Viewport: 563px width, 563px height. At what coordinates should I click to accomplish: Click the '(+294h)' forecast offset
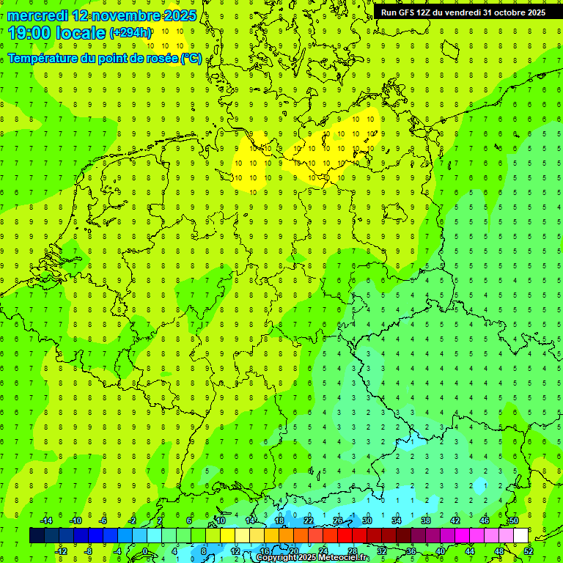pyautogui.click(x=130, y=33)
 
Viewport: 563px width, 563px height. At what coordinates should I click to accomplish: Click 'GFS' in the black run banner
pyautogui.click(x=408, y=12)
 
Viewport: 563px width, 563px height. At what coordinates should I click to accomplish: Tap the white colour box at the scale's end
pyautogui.click(x=520, y=536)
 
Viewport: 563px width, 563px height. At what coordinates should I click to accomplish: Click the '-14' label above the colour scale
pyautogui.click(x=46, y=520)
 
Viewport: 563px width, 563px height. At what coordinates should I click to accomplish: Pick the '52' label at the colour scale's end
pyautogui.click(x=529, y=551)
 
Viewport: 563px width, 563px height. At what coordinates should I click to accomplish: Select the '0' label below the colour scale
pyautogui.click(x=145, y=551)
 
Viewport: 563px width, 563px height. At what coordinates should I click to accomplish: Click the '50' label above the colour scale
pyautogui.click(x=513, y=520)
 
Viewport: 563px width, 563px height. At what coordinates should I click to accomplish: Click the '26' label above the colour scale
pyautogui.click(x=337, y=520)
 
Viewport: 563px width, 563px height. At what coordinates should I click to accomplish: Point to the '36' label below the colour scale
pyautogui.click(x=411, y=551)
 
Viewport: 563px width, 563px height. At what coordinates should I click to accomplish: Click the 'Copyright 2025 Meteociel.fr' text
pyautogui.click(x=312, y=558)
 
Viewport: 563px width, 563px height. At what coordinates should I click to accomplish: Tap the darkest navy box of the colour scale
pyautogui.click(x=37, y=536)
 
